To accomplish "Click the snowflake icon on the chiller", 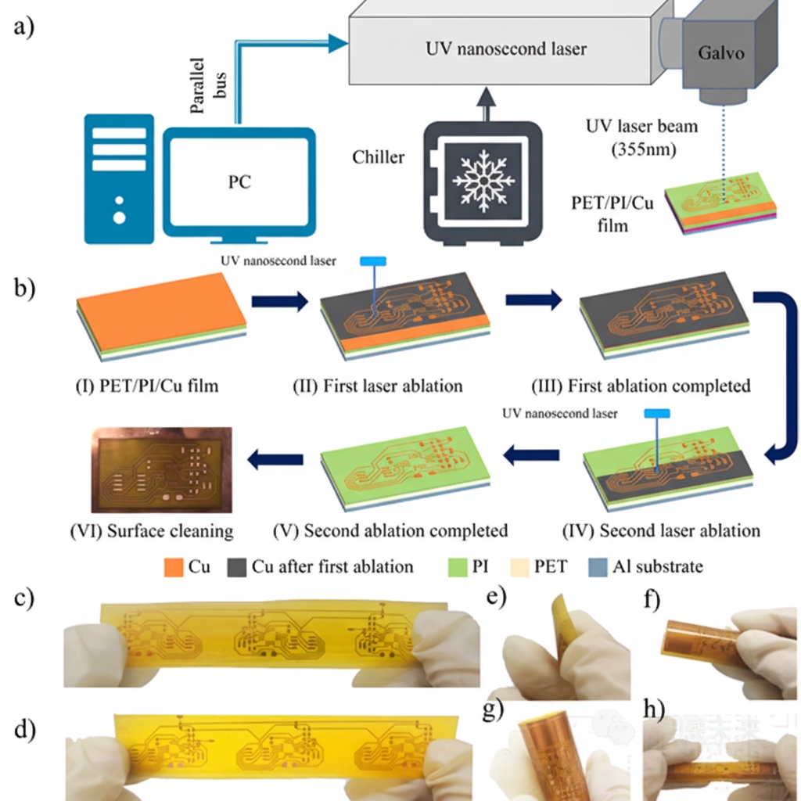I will tap(483, 181).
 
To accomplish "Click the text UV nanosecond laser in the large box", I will tap(506, 49).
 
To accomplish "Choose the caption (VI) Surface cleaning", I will tap(149, 531).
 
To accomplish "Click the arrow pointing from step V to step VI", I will tap(276, 461).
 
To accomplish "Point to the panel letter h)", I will tap(654, 714).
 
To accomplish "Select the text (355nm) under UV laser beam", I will tap(642, 148).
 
